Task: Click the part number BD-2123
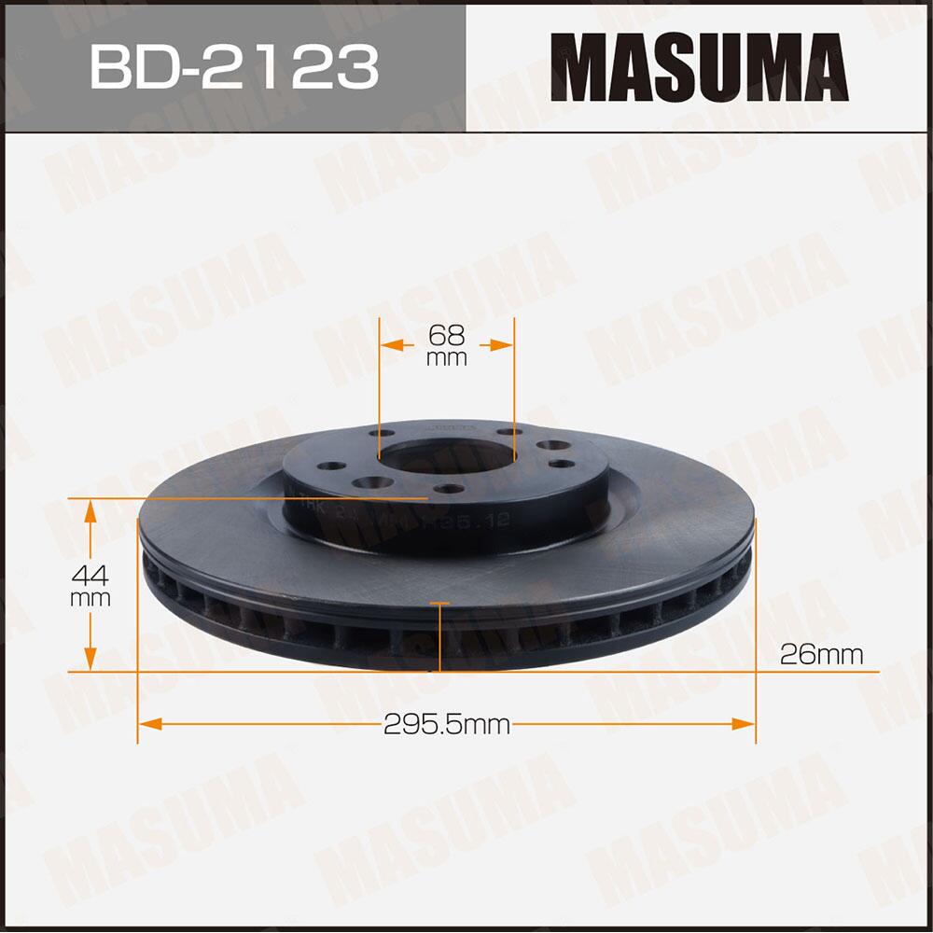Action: (x=234, y=66)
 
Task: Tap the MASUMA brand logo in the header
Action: (x=699, y=66)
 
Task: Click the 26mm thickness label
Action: (x=822, y=655)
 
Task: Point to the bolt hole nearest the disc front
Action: (x=450, y=489)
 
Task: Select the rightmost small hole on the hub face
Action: (x=561, y=463)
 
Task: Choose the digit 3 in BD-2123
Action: (x=357, y=66)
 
